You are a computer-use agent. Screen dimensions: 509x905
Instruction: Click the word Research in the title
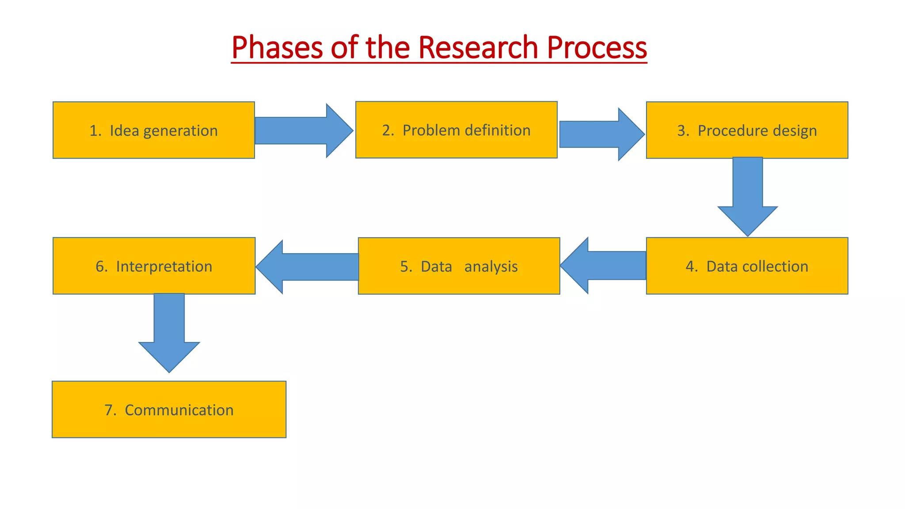pos(478,47)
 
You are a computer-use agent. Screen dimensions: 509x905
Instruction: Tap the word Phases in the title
pos(277,47)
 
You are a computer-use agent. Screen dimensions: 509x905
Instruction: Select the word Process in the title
pos(597,47)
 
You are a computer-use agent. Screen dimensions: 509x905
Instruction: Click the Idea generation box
pos(153,130)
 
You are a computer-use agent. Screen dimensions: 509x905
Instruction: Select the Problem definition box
pos(456,130)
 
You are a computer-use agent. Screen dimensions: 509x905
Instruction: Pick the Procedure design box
pos(747,130)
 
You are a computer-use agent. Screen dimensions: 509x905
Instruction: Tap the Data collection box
pos(747,266)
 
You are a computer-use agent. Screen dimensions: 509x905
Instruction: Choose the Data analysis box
pos(459,266)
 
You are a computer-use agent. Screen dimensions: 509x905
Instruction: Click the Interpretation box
pos(154,266)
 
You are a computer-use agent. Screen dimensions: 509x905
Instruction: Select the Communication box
pos(169,410)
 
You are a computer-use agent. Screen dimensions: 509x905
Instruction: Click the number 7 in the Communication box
pos(109,410)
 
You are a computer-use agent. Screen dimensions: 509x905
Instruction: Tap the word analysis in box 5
pos(491,267)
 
